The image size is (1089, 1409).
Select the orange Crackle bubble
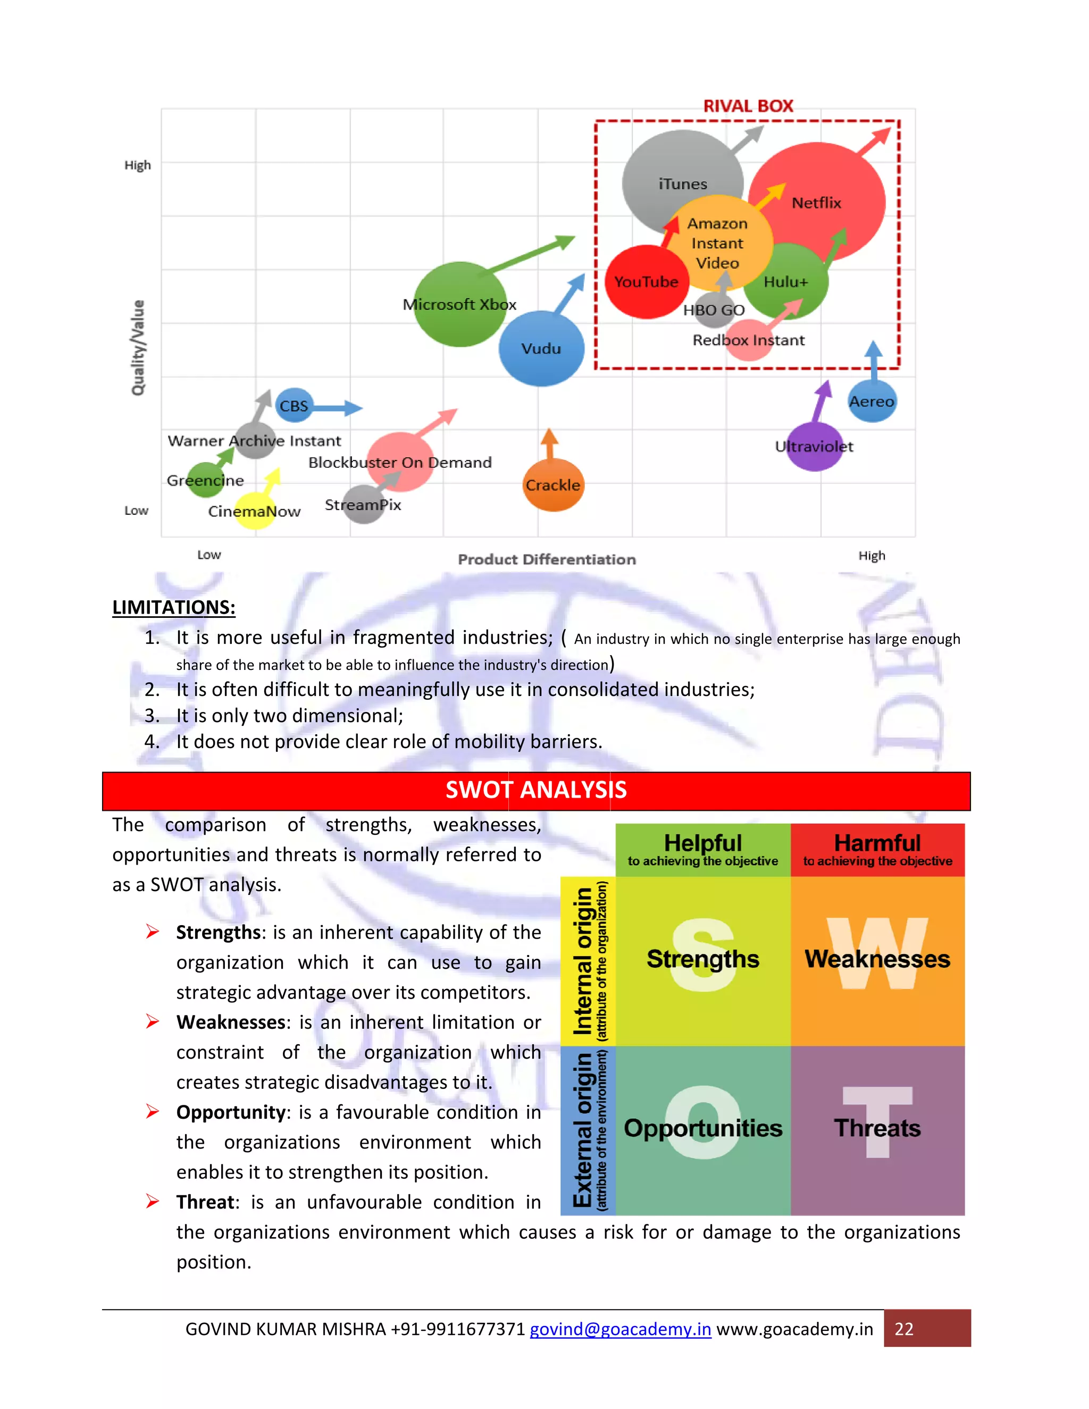(554, 485)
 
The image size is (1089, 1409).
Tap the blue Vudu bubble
(541, 348)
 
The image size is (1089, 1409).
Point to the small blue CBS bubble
(294, 405)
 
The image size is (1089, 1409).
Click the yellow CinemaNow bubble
(254, 511)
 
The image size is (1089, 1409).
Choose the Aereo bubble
(872, 401)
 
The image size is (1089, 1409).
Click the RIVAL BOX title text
(748, 106)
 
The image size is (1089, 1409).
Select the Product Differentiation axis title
(547, 559)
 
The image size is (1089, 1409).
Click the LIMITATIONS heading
(173, 607)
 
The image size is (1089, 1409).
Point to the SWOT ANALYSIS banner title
(536, 790)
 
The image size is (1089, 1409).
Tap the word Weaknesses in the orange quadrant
(877, 959)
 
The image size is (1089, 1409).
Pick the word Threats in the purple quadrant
(877, 1128)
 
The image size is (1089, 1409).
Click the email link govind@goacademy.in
(620, 1329)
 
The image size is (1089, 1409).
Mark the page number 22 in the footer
(904, 1329)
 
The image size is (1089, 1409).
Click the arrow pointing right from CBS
(338, 408)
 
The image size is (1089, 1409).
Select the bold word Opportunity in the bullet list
(230, 1112)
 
